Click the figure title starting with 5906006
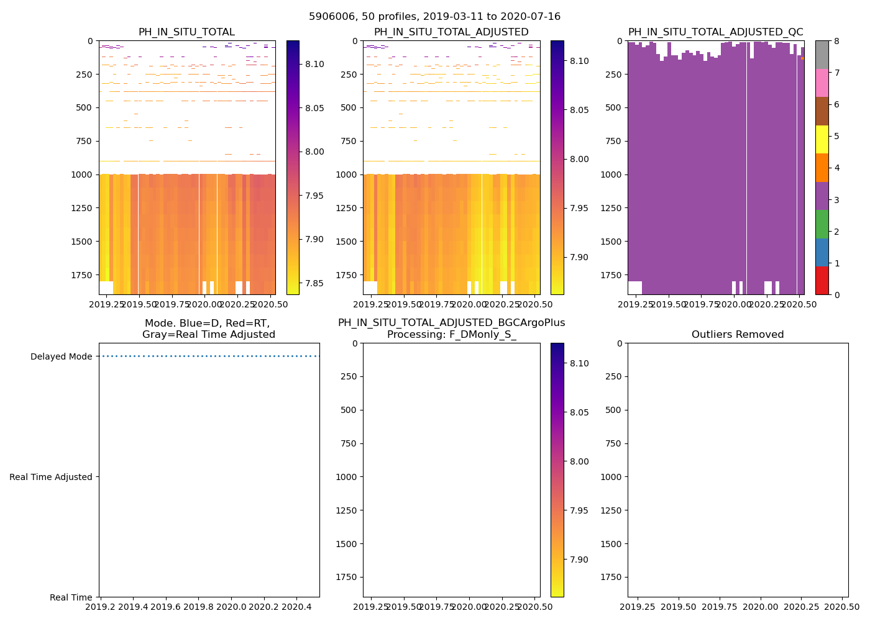click(x=434, y=17)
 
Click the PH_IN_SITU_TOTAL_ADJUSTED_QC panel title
click(x=715, y=32)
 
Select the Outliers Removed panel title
click(x=738, y=335)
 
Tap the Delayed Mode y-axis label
click(x=61, y=356)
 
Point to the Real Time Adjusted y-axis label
click(x=51, y=477)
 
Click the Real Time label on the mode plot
click(x=71, y=597)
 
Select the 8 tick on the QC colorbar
click(x=836, y=41)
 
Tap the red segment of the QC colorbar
click(x=822, y=280)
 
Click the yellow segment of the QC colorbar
click(x=822, y=139)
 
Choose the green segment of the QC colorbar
click(x=822, y=224)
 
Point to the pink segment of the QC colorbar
click(x=822, y=83)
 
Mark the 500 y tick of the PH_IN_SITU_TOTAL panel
click(x=85, y=107)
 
